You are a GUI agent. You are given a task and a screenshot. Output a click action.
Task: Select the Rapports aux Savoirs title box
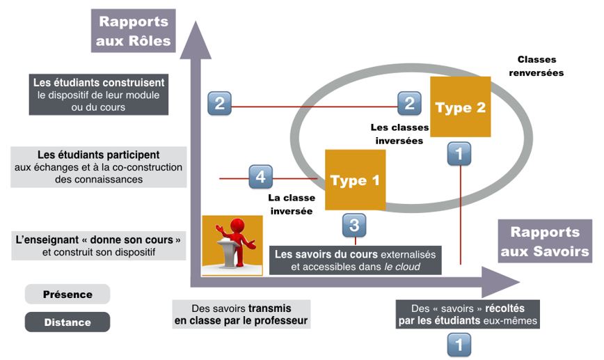[544, 242]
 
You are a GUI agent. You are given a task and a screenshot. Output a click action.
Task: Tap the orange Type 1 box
[355, 180]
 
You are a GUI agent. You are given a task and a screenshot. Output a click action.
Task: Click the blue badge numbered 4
[260, 178]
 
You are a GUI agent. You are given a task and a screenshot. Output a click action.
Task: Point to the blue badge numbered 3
[353, 224]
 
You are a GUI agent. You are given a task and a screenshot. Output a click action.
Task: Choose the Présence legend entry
[67, 294]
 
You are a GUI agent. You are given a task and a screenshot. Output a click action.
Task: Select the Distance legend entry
[67, 322]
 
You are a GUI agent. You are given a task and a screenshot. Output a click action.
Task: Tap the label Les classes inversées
[397, 133]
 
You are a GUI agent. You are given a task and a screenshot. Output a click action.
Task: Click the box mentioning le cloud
[355, 260]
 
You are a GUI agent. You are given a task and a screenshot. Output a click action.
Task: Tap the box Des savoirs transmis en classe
[241, 315]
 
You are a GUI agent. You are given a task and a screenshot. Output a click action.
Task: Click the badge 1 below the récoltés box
[458, 344]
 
